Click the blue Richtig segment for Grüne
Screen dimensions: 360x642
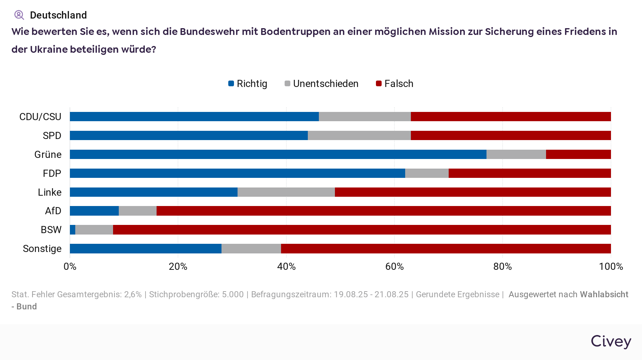(278, 154)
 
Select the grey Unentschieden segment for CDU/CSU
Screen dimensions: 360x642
(365, 117)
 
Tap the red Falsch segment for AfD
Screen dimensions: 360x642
(383, 211)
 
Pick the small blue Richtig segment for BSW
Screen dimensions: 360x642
(72, 230)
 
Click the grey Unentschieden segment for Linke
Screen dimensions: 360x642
(286, 192)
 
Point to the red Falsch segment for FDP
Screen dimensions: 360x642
(530, 173)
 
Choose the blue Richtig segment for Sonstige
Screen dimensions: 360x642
(146, 249)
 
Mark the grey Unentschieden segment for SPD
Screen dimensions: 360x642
(359, 135)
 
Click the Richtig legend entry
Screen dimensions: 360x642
(248, 84)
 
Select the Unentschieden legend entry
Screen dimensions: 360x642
(321, 84)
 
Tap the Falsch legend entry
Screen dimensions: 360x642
(394, 84)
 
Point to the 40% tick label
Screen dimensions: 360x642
(286, 267)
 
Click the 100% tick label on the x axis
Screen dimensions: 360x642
(611, 267)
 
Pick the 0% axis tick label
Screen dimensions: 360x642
(70, 267)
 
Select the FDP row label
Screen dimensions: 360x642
(52, 174)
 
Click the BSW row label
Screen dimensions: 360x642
(51, 230)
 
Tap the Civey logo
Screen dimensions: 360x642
(611, 341)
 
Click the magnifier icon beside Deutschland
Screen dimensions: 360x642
(19, 15)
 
